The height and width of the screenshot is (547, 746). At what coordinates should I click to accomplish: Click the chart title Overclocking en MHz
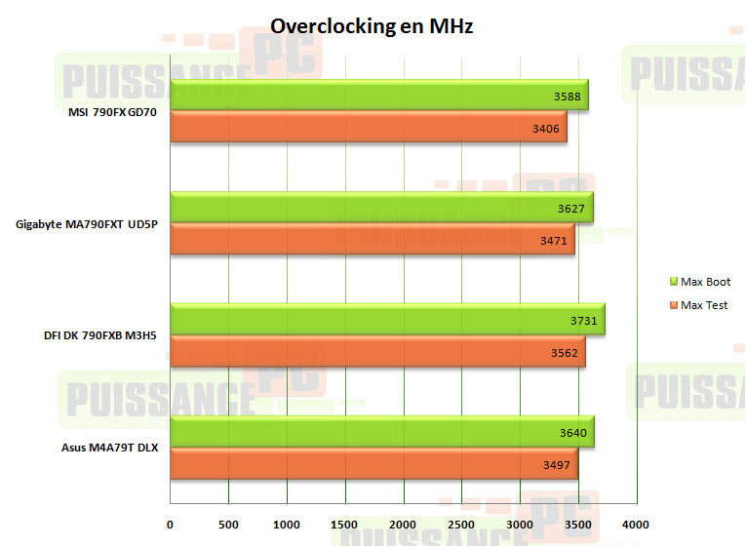372,26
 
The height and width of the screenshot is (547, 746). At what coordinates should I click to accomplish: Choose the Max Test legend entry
699,305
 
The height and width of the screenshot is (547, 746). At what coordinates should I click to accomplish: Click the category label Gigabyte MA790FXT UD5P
88,224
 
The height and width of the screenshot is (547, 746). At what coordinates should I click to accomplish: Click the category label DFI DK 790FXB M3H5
101,336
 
